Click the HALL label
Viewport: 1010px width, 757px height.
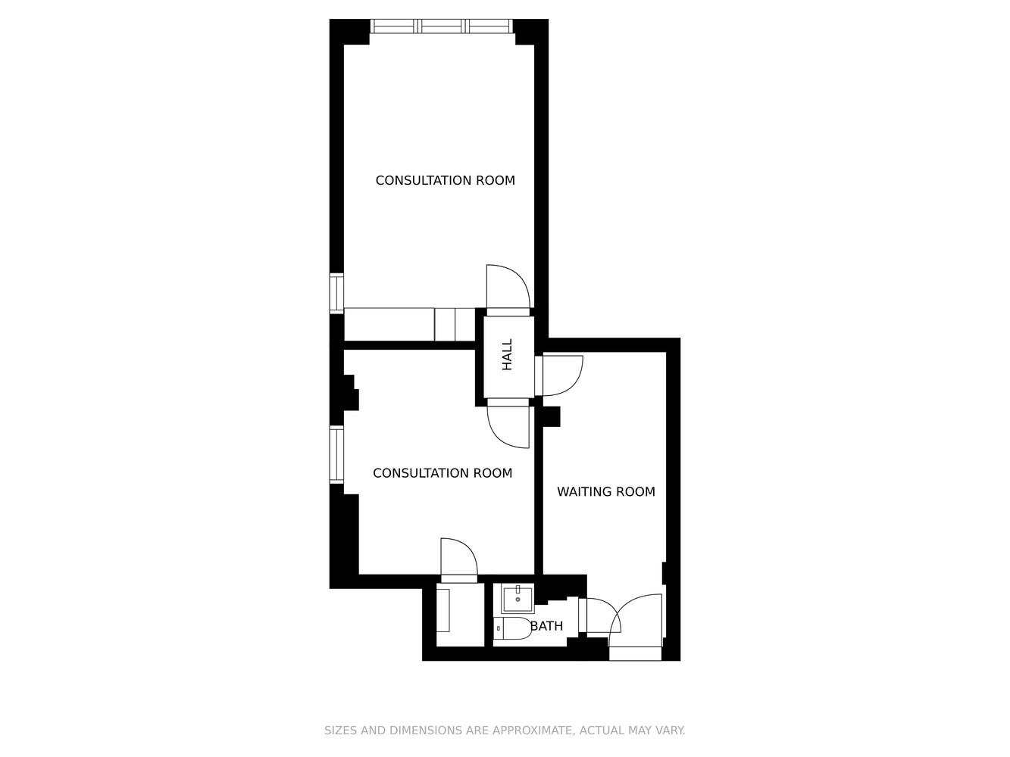[x=507, y=354]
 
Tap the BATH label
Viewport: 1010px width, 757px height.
[x=546, y=626]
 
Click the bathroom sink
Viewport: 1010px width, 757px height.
[x=518, y=599]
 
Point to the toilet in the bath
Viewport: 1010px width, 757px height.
[x=512, y=628]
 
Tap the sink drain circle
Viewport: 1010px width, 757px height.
[x=518, y=600]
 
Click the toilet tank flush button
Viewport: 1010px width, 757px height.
[x=499, y=628]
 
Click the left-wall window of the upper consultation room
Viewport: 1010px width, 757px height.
[x=337, y=293]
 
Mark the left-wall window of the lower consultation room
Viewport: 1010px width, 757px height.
[x=337, y=454]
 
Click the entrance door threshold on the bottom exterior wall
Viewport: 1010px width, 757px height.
[x=636, y=653]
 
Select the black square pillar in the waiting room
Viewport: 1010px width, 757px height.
[x=552, y=416]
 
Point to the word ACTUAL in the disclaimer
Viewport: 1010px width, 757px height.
[x=597, y=730]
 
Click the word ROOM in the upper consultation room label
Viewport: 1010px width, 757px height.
[x=495, y=180]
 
